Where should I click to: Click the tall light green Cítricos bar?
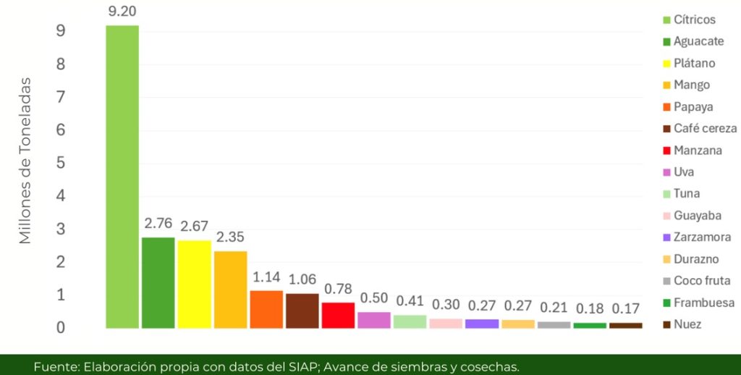point(122,177)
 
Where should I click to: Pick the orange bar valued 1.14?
point(266,309)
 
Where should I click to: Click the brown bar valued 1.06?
point(302,311)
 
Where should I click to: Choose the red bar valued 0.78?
point(338,315)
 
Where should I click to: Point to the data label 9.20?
point(121,12)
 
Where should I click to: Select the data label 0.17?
point(625,309)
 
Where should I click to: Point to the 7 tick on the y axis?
point(61,97)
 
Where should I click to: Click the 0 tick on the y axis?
point(61,328)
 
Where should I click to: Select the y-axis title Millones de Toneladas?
point(25,161)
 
